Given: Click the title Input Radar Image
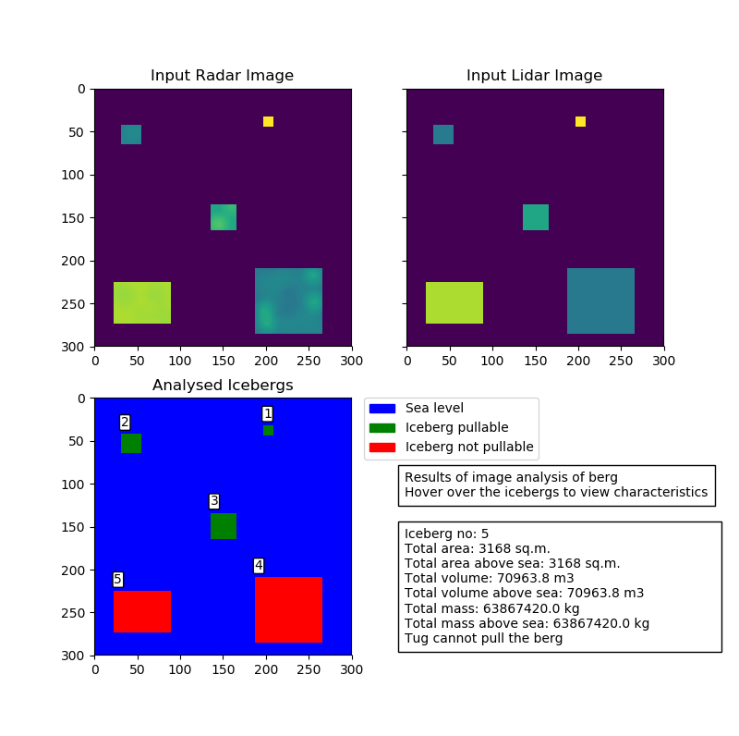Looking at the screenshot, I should point(222,76).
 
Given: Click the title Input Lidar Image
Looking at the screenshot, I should point(534,76).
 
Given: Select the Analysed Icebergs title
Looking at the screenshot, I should point(223,386).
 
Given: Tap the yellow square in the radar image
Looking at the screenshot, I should point(268,121).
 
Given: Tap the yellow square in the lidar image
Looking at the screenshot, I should point(580,121).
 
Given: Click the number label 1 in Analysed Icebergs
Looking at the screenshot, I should point(268,413).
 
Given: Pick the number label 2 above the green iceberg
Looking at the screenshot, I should point(125,422).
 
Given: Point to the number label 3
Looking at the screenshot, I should point(214,501).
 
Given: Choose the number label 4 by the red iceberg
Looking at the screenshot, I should point(259,565).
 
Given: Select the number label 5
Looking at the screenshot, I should point(117,579).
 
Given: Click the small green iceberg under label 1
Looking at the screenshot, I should point(268,430).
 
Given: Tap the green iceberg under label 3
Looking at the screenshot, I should point(224,526).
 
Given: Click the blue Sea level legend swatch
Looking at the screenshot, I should point(381,408).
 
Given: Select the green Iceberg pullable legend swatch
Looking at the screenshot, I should point(381,427).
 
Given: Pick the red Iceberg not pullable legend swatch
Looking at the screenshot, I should point(381,448).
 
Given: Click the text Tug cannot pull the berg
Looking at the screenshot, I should point(483,638).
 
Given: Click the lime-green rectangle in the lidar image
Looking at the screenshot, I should point(454,302).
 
